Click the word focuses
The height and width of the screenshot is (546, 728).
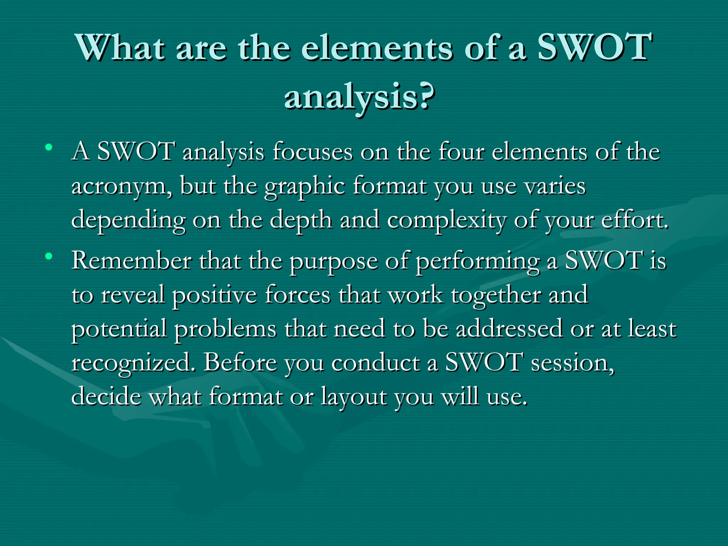tap(312, 152)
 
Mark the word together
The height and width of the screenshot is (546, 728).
tap(496, 295)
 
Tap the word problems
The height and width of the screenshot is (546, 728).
tap(225, 329)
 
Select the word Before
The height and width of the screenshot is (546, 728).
tap(240, 363)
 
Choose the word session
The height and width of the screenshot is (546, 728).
tap(572, 363)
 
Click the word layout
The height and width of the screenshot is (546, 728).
tap(354, 396)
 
